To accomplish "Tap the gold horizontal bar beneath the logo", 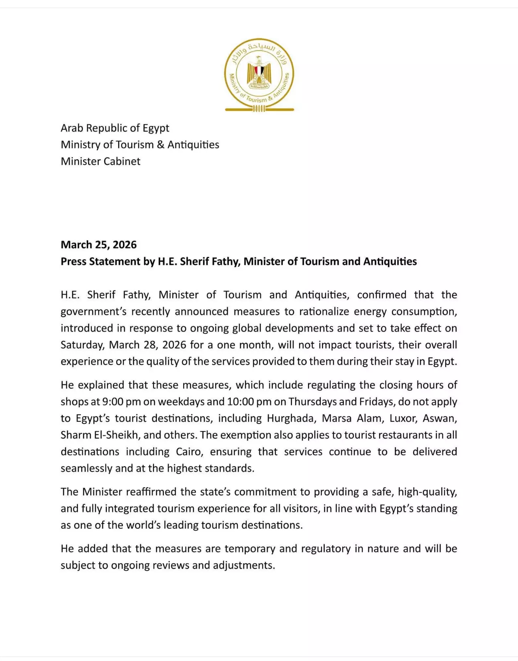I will click(x=259, y=109).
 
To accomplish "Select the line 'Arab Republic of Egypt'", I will click(x=115, y=128).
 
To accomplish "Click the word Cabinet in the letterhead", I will click(x=122, y=161).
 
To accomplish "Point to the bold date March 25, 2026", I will click(x=98, y=244).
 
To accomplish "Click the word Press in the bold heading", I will click(x=73, y=261).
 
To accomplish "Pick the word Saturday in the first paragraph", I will click(x=82, y=345).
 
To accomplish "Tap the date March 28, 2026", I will click(x=148, y=345).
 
